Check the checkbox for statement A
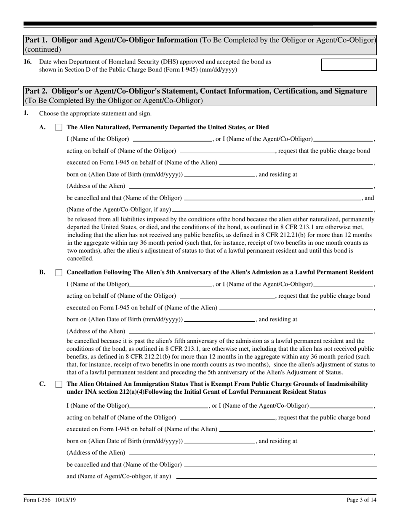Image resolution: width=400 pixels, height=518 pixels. click(59, 127)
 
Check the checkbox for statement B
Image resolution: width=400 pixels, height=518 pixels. click(59, 272)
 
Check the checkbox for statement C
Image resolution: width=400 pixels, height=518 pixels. click(59, 384)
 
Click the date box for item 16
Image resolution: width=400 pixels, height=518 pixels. click(349, 64)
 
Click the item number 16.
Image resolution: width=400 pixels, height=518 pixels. click(28, 62)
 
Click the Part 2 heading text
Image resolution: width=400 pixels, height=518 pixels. click(196, 91)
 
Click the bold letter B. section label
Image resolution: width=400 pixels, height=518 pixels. click(42, 272)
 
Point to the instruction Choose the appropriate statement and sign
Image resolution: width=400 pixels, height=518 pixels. click(95, 113)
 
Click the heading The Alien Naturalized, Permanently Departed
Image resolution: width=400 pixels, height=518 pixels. click(168, 127)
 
